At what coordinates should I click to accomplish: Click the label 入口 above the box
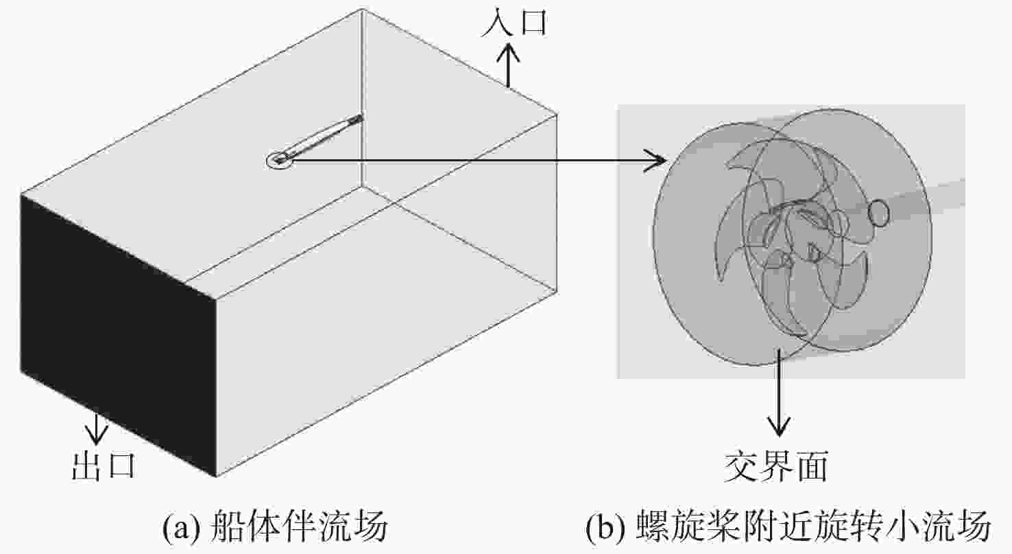[x=515, y=22]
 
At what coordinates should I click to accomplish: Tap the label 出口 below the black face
[x=104, y=466]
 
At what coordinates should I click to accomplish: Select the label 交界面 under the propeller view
[x=777, y=466]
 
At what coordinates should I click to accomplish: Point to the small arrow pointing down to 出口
[x=96, y=428]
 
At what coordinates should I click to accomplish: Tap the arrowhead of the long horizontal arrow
[x=655, y=161]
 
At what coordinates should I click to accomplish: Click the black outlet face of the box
[x=117, y=334]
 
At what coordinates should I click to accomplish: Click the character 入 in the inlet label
[x=497, y=22]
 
